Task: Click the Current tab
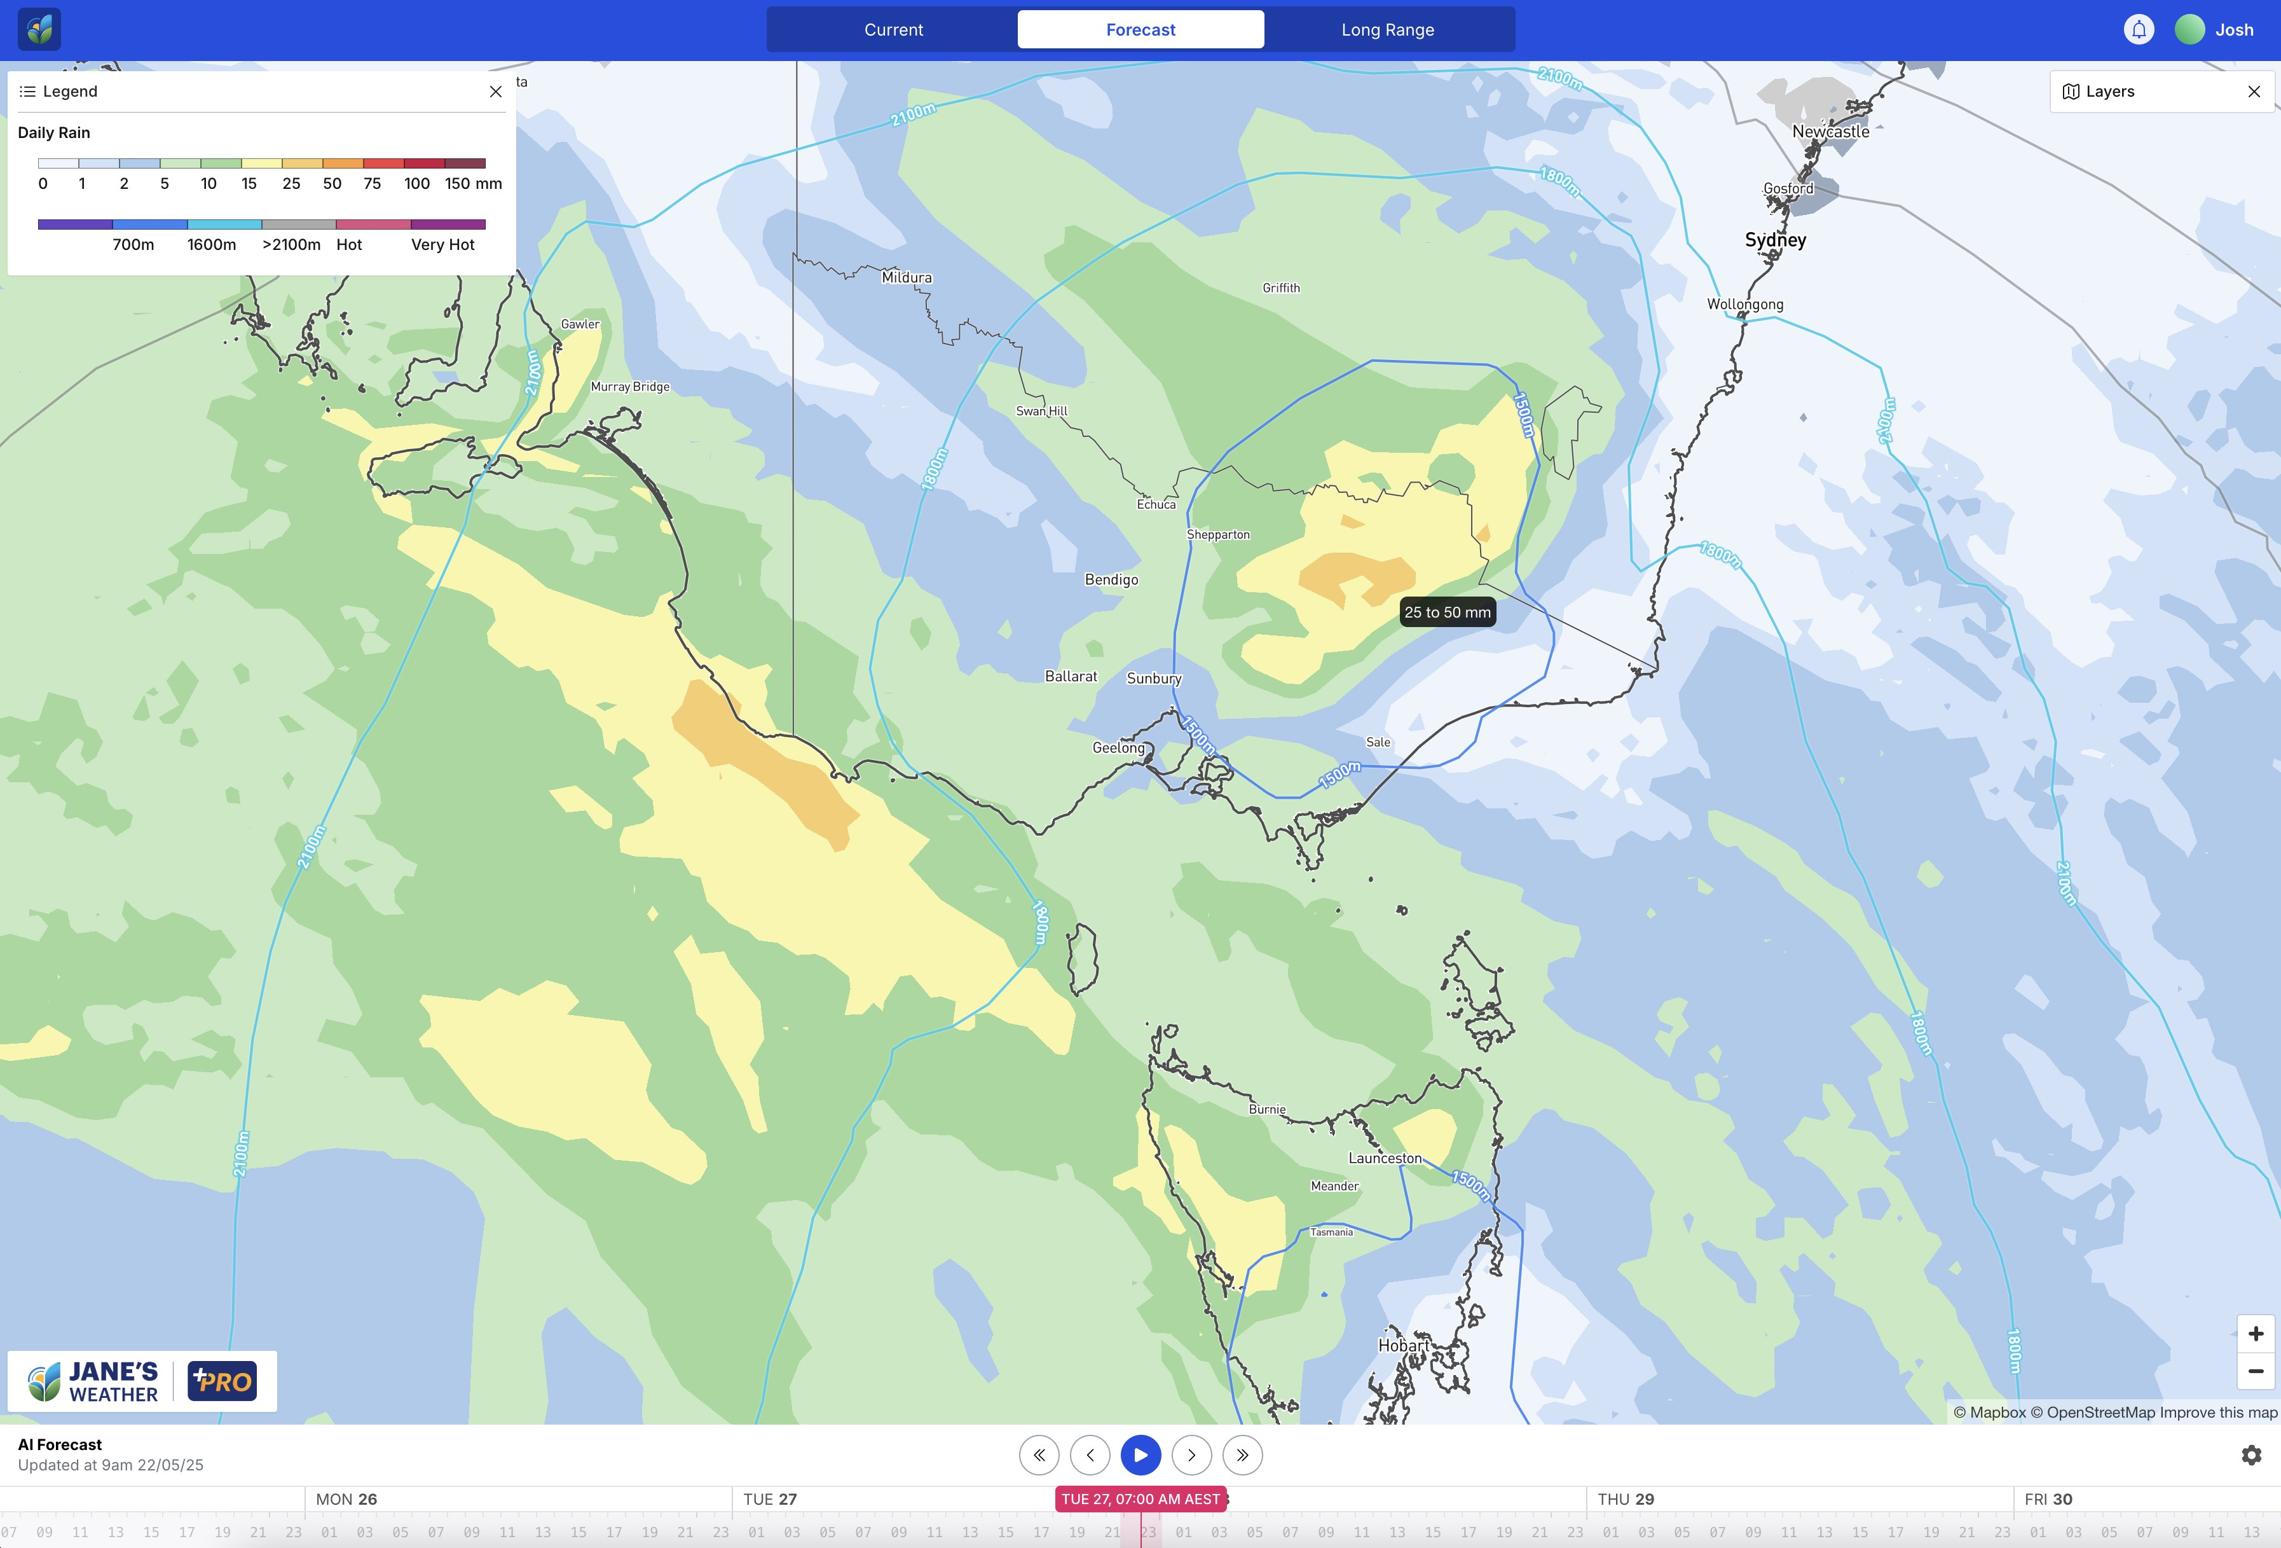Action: click(x=893, y=29)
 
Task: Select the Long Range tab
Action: click(x=1387, y=29)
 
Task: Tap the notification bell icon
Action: click(x=2139, y=29)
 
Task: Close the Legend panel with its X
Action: click(x=496, y=92)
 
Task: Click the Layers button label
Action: click(x=2109, y=92)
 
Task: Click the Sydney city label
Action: click(x=1774, y=240)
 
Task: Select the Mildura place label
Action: click(x=906, y=278)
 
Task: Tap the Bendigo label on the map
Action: click(x=1111, y=579)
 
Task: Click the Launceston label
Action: click(x=1384, y=1158)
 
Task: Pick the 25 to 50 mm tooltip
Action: click(x=1447, y=612)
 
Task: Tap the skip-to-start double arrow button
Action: click(x=1038, y=1455)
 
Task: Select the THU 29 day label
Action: click(x=1626, y=1499)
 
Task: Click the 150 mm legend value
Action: click(x=473, y=184)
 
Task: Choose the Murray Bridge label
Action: click(x=629, y=387)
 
